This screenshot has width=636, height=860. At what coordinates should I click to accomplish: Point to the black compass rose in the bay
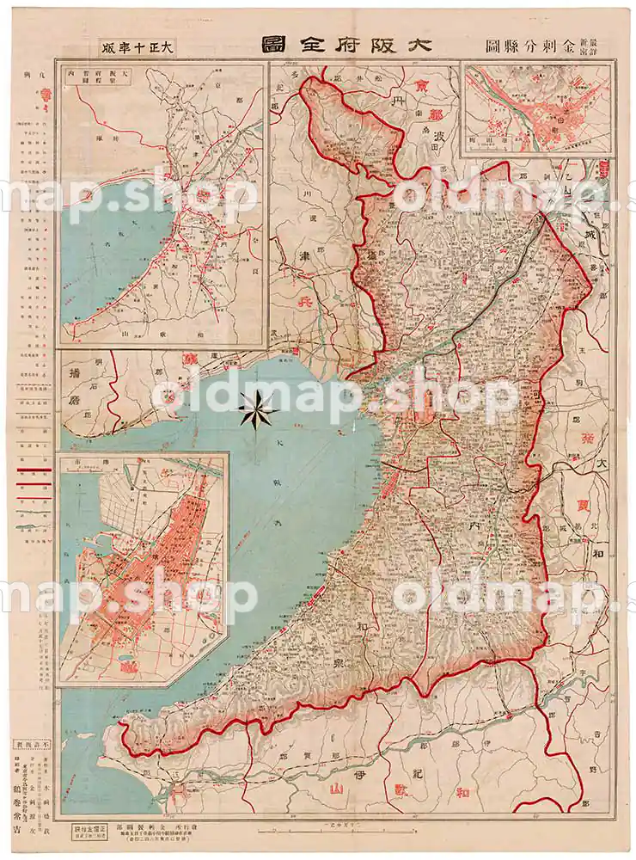coord(257,408)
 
